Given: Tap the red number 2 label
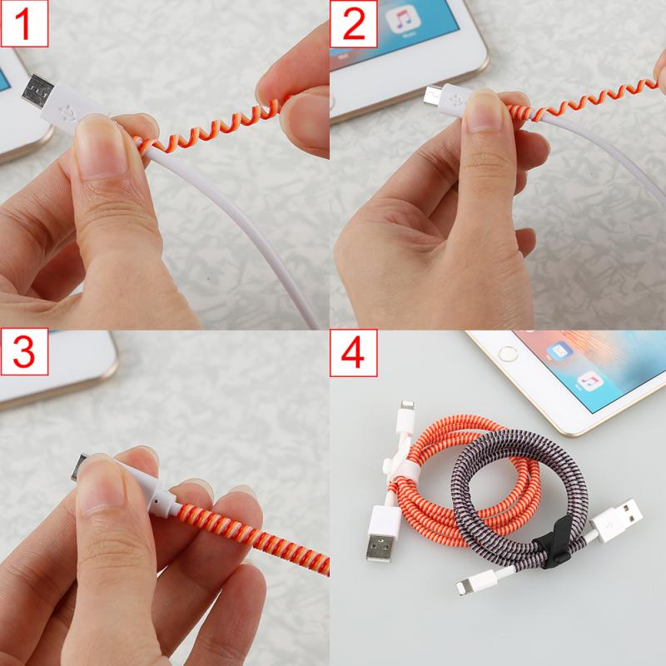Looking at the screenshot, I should point(354,24).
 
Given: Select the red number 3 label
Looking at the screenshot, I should point(24,353).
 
